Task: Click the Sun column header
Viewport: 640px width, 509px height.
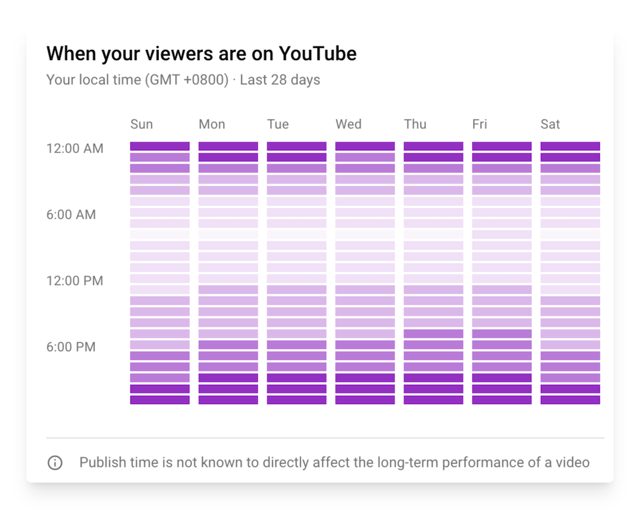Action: click(141, 124)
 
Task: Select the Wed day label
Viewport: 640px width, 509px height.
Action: click(348, 124)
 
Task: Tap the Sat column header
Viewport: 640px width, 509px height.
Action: click(550, 124)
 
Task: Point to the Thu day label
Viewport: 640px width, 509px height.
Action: click(415, 124)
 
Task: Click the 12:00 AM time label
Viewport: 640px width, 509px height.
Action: click(74, 148)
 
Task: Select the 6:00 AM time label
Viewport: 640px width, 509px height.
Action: click(71, 215)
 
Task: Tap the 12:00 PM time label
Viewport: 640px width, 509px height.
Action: click(74, 281)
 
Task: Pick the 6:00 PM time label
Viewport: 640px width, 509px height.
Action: click(71, 347)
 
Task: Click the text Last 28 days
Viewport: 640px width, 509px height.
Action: click(280, 80)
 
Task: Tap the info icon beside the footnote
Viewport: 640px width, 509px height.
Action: click(55, 462)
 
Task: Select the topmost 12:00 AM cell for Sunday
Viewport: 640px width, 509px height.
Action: click(160, 146)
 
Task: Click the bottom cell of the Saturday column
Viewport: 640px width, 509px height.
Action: click(570, 400)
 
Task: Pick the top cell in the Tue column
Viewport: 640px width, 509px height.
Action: click(296, 146)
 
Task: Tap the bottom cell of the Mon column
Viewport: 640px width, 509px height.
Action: click(228, 400)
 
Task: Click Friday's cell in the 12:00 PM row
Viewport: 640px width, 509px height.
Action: click(502, 278)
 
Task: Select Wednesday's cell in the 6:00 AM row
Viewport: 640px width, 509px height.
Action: click(365, 212)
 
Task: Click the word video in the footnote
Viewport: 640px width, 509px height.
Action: click(572, 462)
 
